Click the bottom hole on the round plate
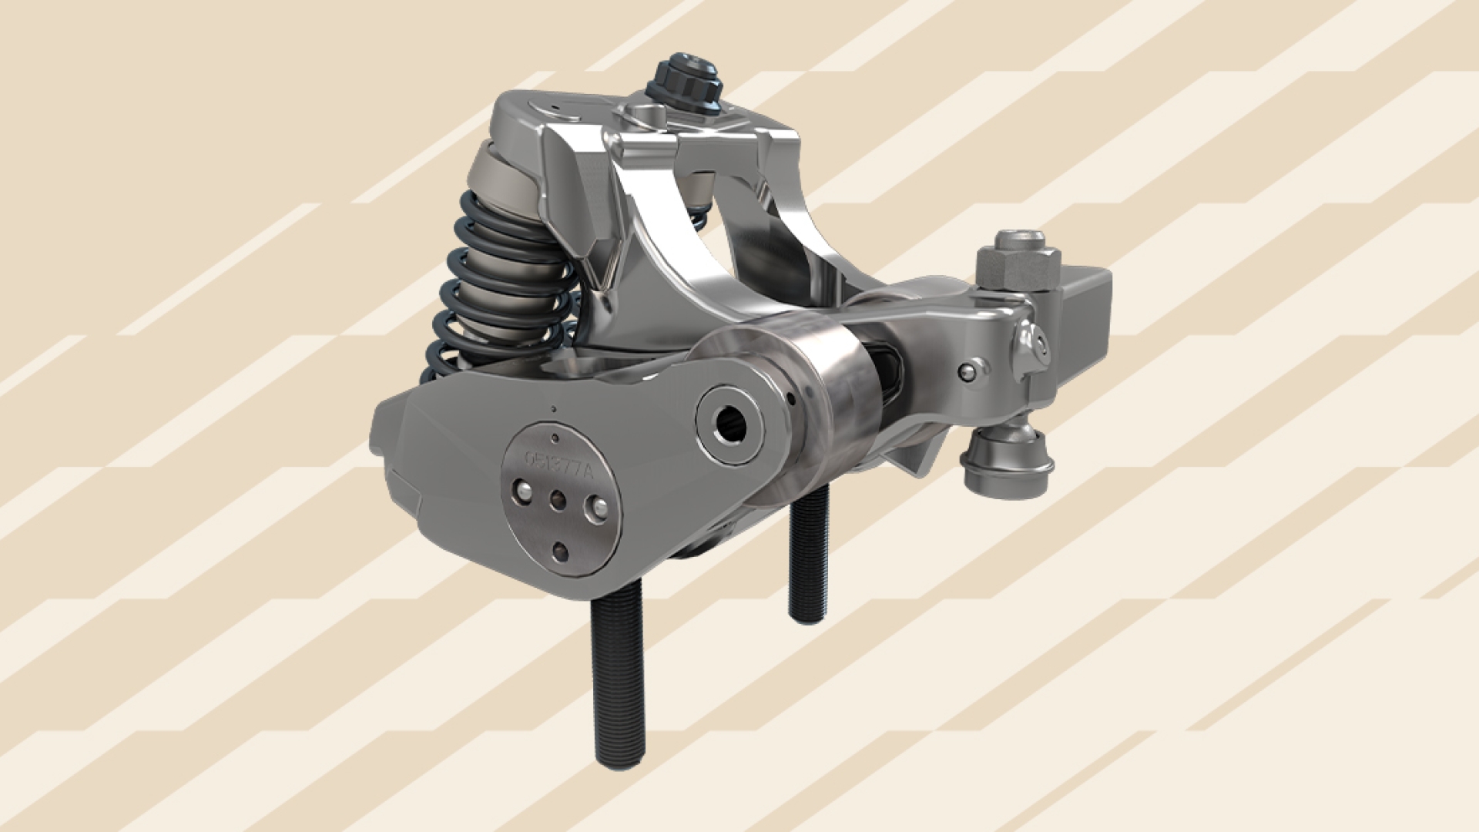[561, 551]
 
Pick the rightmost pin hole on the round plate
[596, 507]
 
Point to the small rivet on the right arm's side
[968, 372]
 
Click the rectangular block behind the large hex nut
[1086, 308]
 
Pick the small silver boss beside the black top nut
[646, 114]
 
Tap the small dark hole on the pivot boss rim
[793, 399]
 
